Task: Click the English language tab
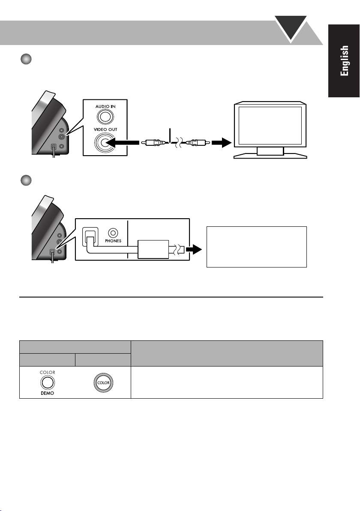pos(344,61)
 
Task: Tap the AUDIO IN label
pos(105,106)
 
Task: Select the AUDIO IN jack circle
pos(105,117)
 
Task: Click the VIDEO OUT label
pos(105,129)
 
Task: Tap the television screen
pos(270,126)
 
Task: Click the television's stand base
pos(270,155)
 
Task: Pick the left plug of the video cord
pos(154,142)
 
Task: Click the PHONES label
pos(113,241)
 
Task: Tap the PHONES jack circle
pos(113,233)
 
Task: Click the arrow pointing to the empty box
pos(194,249)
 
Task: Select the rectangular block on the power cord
pos(153,249)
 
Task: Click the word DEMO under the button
pos(47,393)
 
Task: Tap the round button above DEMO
pos(48,382)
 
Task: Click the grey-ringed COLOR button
pos(103,382)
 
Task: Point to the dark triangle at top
pos(291,28)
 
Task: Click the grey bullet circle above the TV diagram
pos(26,59)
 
